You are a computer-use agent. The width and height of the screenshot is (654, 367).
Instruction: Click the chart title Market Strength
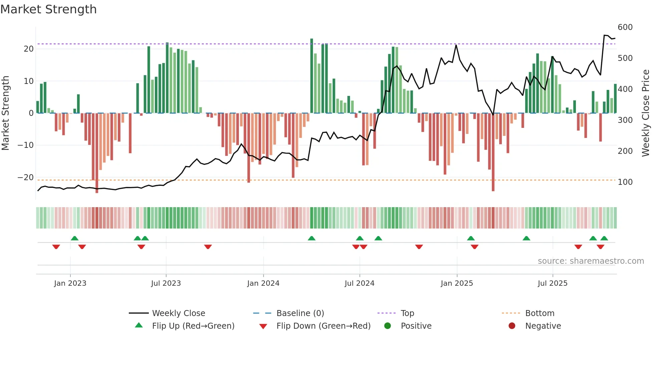48,9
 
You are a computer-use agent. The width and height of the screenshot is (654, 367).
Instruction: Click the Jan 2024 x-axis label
263,283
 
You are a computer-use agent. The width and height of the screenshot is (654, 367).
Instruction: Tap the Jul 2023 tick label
166,283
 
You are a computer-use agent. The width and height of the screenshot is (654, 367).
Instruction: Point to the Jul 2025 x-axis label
553,283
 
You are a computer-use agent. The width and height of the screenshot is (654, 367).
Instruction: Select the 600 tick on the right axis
625,27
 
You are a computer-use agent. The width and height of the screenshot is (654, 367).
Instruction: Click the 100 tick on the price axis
625,182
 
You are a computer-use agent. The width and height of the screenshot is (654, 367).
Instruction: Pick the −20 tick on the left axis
25,178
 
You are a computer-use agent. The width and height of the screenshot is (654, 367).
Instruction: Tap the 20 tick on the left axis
29,49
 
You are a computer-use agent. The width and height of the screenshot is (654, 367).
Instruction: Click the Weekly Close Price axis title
646,113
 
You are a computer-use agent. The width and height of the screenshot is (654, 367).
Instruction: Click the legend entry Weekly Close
179,313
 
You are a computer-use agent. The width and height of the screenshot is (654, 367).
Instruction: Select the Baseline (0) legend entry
300,313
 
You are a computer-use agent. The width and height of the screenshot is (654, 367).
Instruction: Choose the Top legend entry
407,313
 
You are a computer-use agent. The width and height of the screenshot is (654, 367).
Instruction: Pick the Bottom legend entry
540,313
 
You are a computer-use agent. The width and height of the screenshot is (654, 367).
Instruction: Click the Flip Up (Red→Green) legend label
193,326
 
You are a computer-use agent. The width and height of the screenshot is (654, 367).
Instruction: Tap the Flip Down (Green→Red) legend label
323,326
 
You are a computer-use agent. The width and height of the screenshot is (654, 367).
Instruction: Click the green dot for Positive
387,326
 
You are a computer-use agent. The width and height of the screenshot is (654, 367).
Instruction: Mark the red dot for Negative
512,326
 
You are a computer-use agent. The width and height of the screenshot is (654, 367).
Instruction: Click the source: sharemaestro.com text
591,261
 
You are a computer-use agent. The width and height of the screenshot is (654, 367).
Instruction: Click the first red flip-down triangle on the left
56,247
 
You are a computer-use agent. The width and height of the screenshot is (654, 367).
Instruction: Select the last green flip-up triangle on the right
604,238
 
